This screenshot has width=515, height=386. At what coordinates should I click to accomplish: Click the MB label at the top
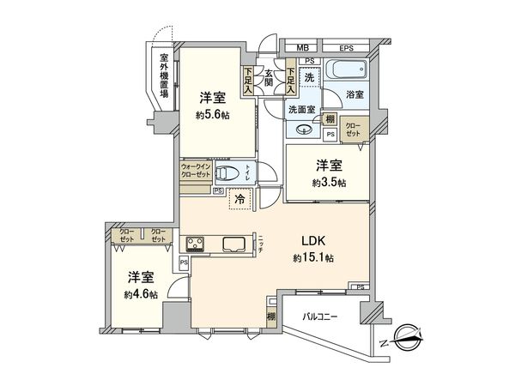[x=302, y=48]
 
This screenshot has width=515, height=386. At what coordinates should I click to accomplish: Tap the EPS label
[x=346, y=48]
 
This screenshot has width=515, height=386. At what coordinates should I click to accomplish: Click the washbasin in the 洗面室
[x=303, y=130]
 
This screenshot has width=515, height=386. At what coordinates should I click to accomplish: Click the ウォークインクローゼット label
[x=195, y=172]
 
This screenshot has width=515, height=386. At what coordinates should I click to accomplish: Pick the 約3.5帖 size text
[x=330, y=183]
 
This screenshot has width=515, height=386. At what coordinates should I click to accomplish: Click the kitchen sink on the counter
[x=234, y=244]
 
